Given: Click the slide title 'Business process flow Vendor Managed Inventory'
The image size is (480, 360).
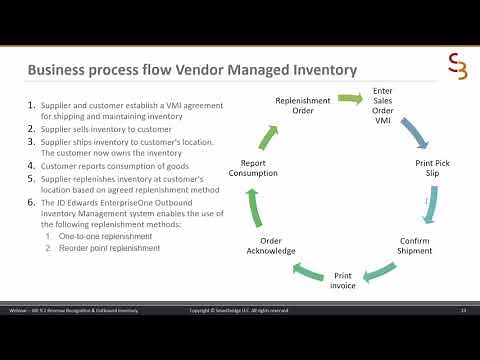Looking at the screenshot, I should point(192,71).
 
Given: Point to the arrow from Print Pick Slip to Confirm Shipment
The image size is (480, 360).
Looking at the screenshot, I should point(431,208).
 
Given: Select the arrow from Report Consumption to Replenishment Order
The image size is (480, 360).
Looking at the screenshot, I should point(263,133).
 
